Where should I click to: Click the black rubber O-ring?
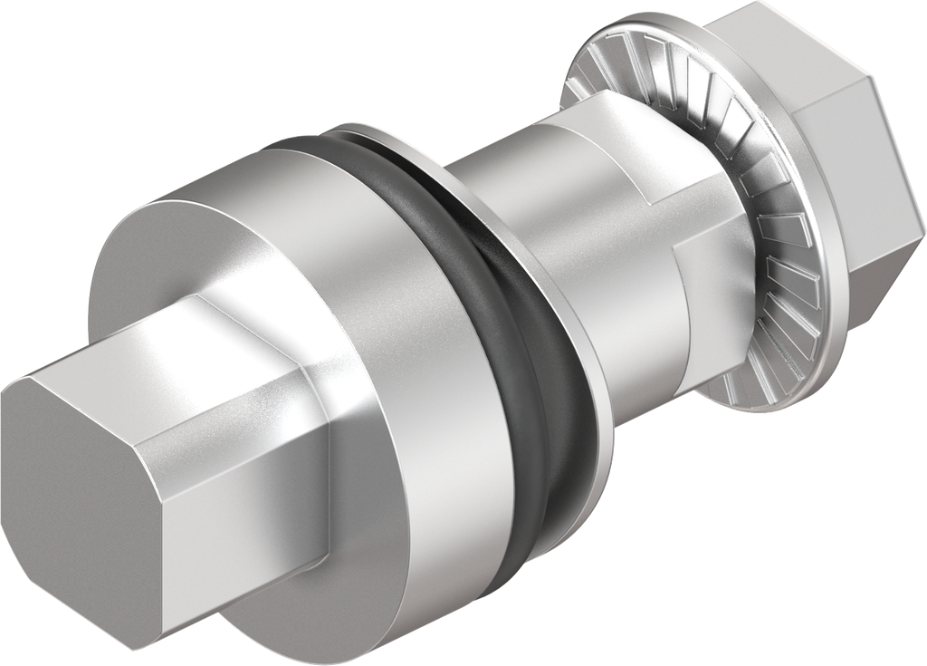(543, 362)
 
